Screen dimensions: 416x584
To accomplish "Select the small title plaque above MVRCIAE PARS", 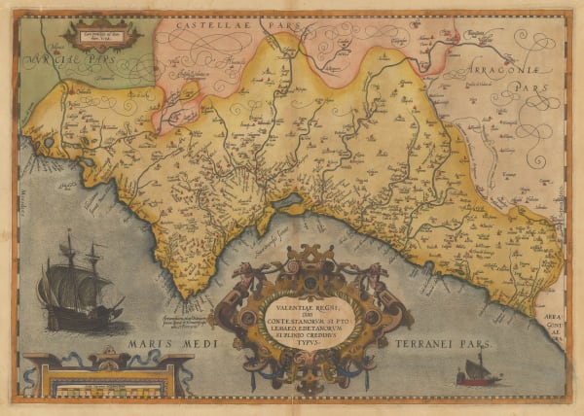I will click(x=104, y=33).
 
